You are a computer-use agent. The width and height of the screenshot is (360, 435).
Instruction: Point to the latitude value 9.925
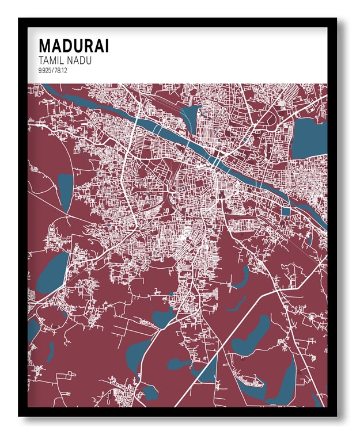click(x=46, y=71)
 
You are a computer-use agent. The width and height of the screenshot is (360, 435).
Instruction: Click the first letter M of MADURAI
click(x=44, y=46)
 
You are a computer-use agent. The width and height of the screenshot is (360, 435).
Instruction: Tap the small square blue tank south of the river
click(x=286, y=211)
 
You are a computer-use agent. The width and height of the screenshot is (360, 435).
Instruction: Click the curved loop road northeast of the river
click(x=271, y=118)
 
